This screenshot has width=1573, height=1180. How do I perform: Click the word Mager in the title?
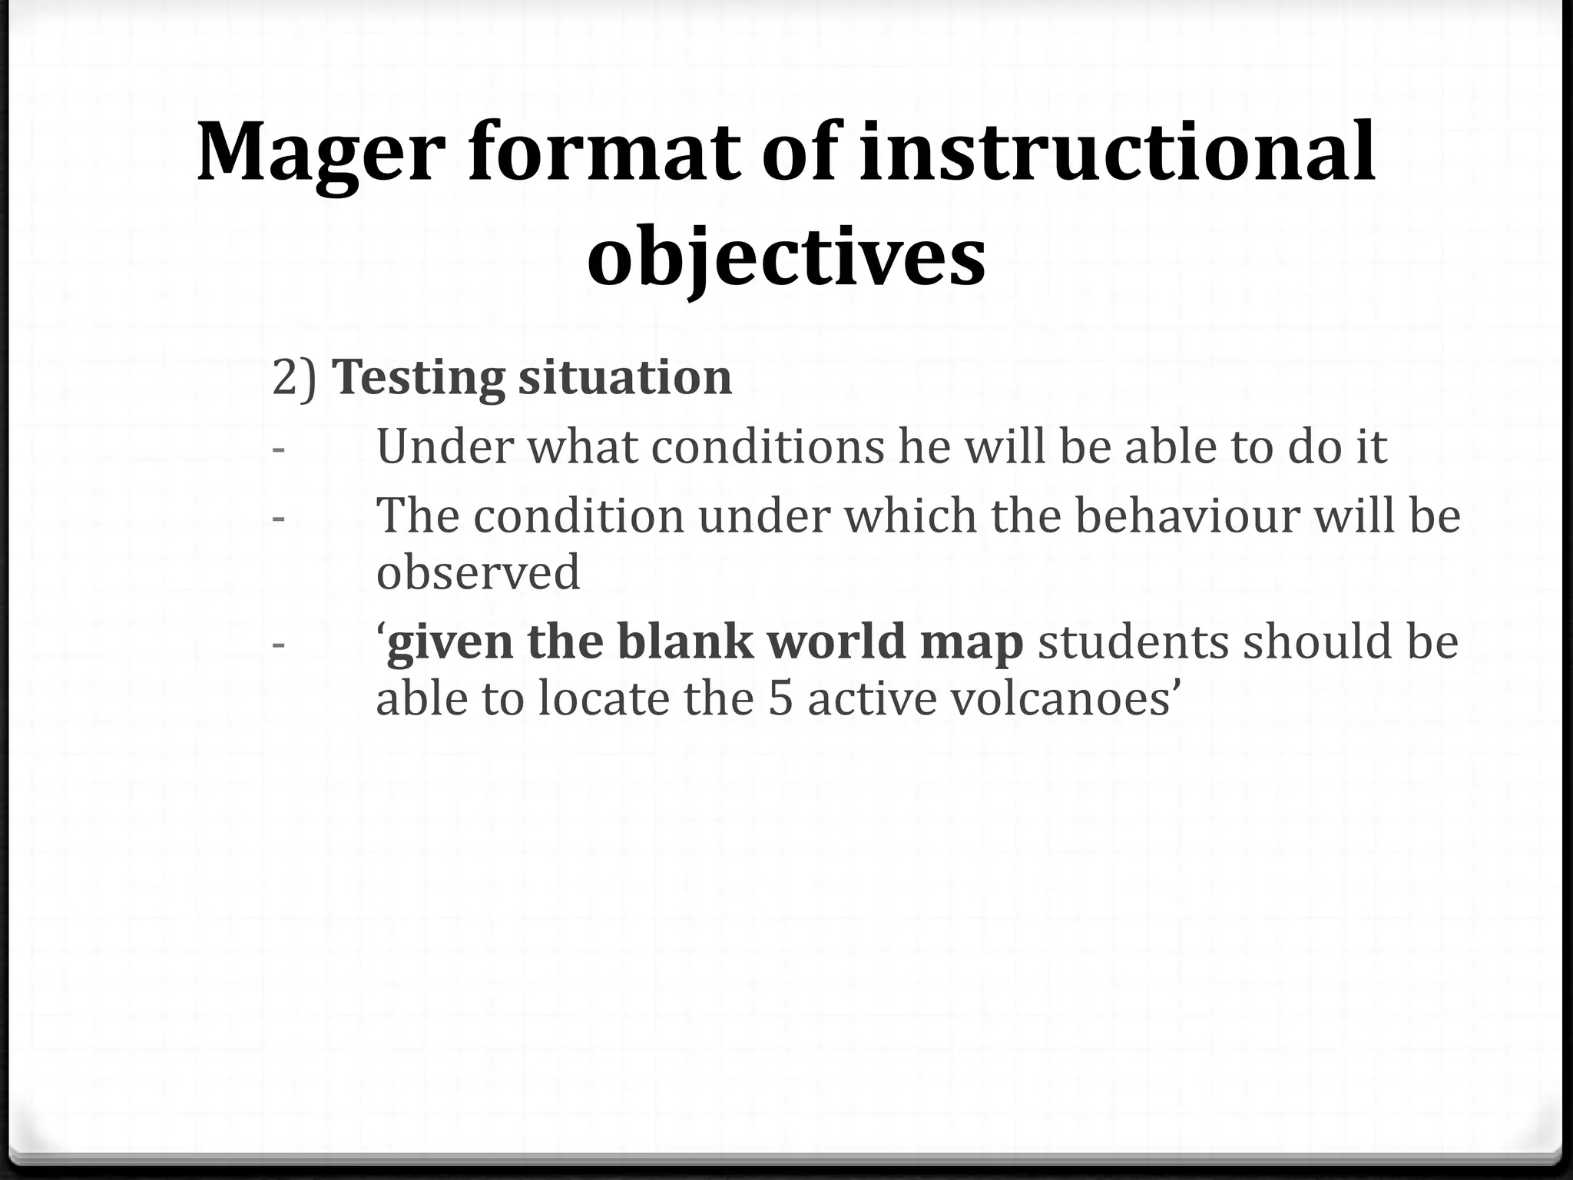coord(321,152)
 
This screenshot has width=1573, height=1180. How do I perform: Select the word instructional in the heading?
coord(1117,152)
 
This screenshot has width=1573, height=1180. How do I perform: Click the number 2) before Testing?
coord(294,378)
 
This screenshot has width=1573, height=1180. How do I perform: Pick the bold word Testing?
coord(419,378)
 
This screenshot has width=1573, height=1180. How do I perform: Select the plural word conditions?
coord(767,446)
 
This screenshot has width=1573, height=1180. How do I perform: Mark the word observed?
coord(478,572)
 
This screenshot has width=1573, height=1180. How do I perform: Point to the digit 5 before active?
coord(780,699)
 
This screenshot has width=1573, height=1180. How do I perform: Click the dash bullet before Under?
coord(278,448)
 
